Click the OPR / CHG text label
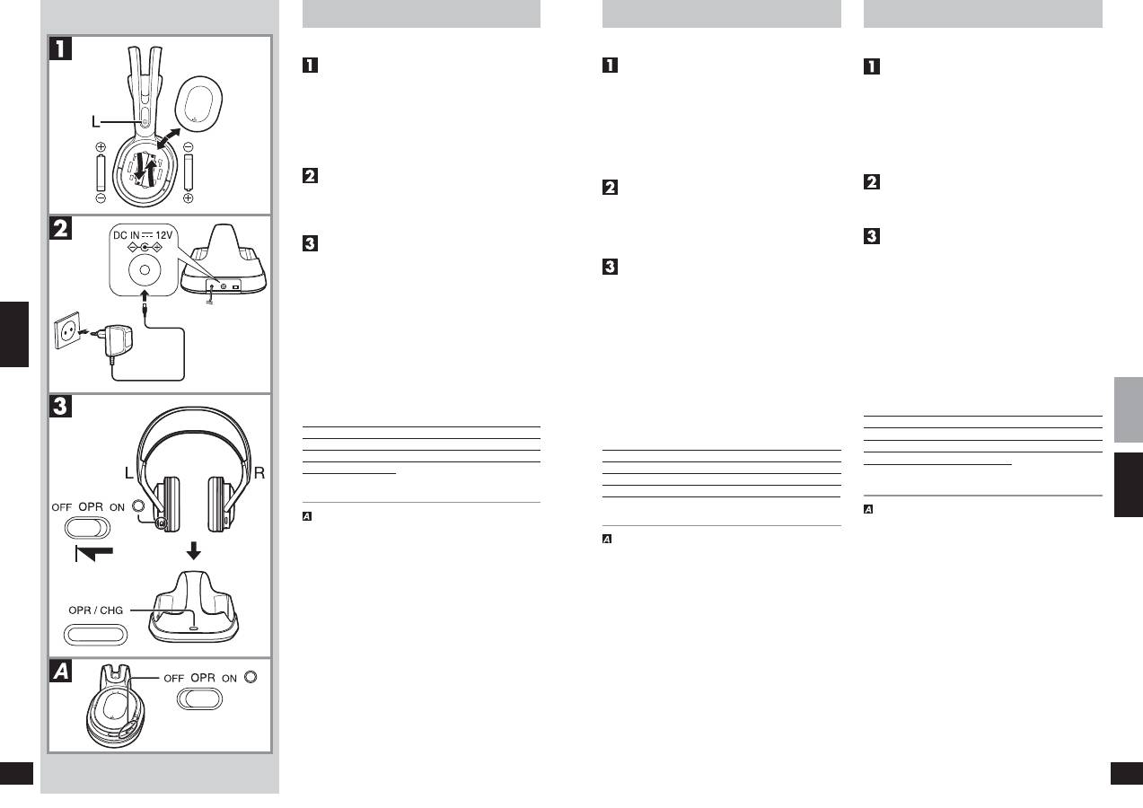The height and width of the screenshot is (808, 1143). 96,610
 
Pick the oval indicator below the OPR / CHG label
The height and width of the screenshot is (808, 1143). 96,635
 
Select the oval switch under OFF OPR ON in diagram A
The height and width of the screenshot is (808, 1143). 198,699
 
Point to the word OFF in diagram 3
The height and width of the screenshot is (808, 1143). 62,507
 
